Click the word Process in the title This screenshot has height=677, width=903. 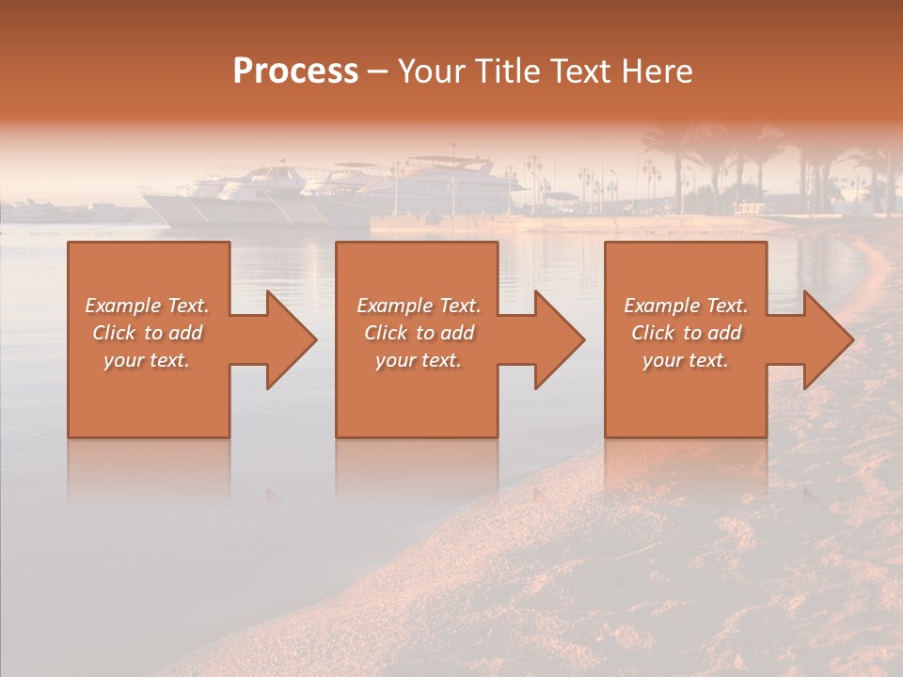click(295, 71)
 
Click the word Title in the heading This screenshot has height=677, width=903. click(508, 71)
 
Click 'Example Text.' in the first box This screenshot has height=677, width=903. click(147, 306)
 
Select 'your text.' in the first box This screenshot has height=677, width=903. click(147, 360)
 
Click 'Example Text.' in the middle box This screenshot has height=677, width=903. click(419, 306)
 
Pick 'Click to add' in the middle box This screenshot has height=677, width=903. click(419, 333)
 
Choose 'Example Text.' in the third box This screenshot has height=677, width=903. click(686, 306)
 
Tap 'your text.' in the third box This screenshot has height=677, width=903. click(686, 360)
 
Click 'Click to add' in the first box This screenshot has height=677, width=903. click(147, 333)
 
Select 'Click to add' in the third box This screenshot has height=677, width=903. click(686, 333)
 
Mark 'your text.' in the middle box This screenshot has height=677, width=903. click(419, 360)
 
